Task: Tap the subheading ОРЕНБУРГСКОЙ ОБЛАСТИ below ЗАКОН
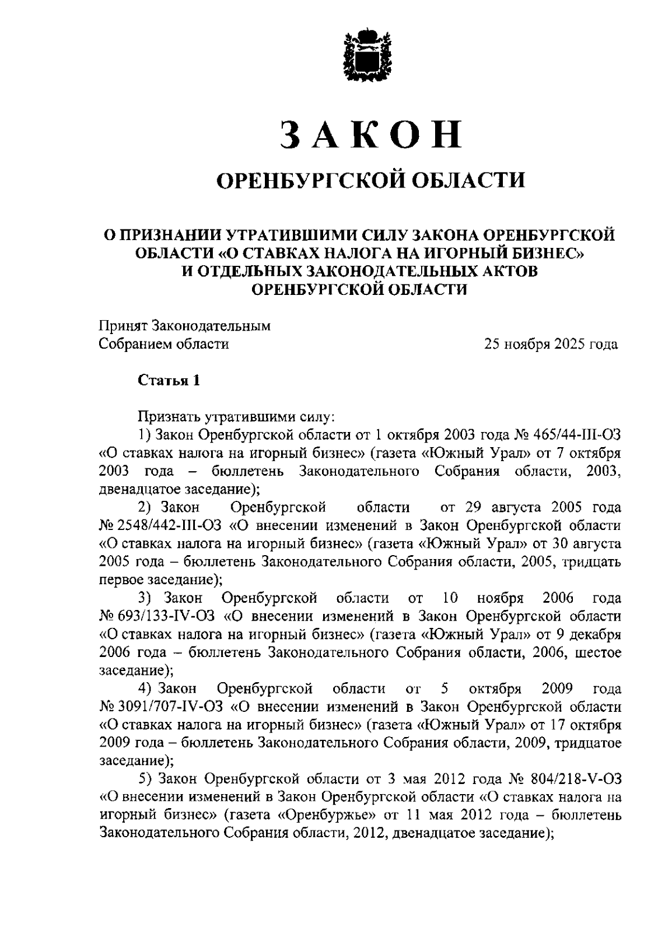tap(371, 181)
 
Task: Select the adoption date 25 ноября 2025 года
tap(551, 344)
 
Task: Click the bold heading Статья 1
tap(169, 381)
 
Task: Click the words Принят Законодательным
tap(185, 326)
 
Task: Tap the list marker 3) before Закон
tap(146, 598)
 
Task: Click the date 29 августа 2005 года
tap(544, 508)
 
